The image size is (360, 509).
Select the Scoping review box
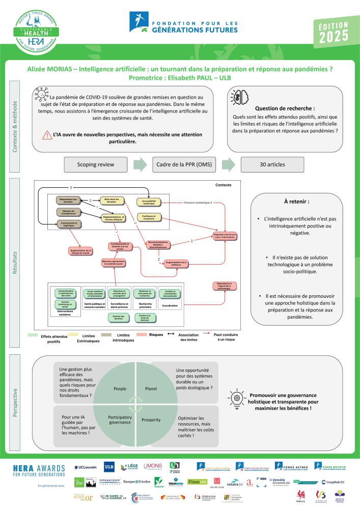click(x=95, y=165)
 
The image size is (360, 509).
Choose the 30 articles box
click(x=272, y=165)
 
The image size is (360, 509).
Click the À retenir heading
click(x=293, y=201)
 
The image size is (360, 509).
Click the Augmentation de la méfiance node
click(x=177, y=263)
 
